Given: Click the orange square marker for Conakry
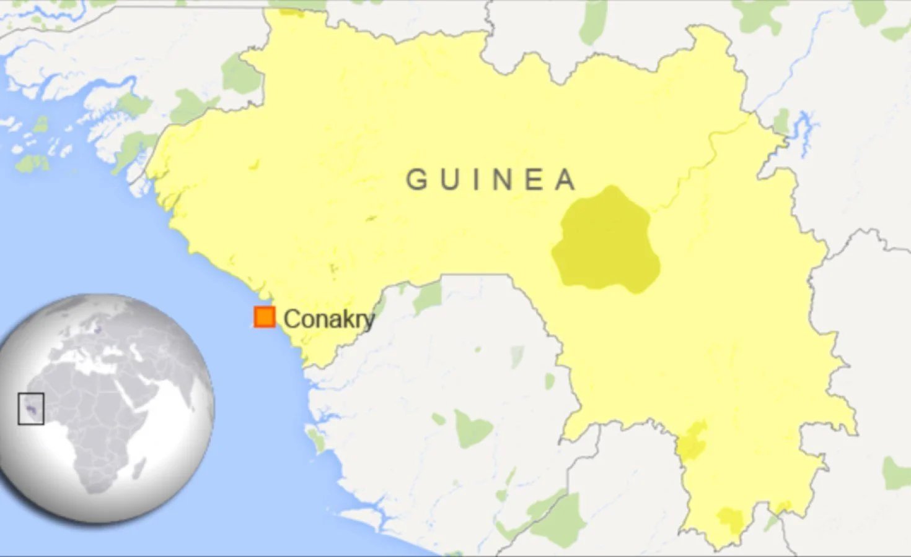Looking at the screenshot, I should point(265,317).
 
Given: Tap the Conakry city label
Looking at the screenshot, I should point(329,319).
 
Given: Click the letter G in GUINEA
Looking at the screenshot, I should point(417,179).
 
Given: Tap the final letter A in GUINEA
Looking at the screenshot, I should point(565,179).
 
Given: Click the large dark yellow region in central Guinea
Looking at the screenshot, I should point(605,241).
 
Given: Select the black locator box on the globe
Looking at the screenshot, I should point(31,408).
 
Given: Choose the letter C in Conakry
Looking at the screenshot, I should point(291,319).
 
